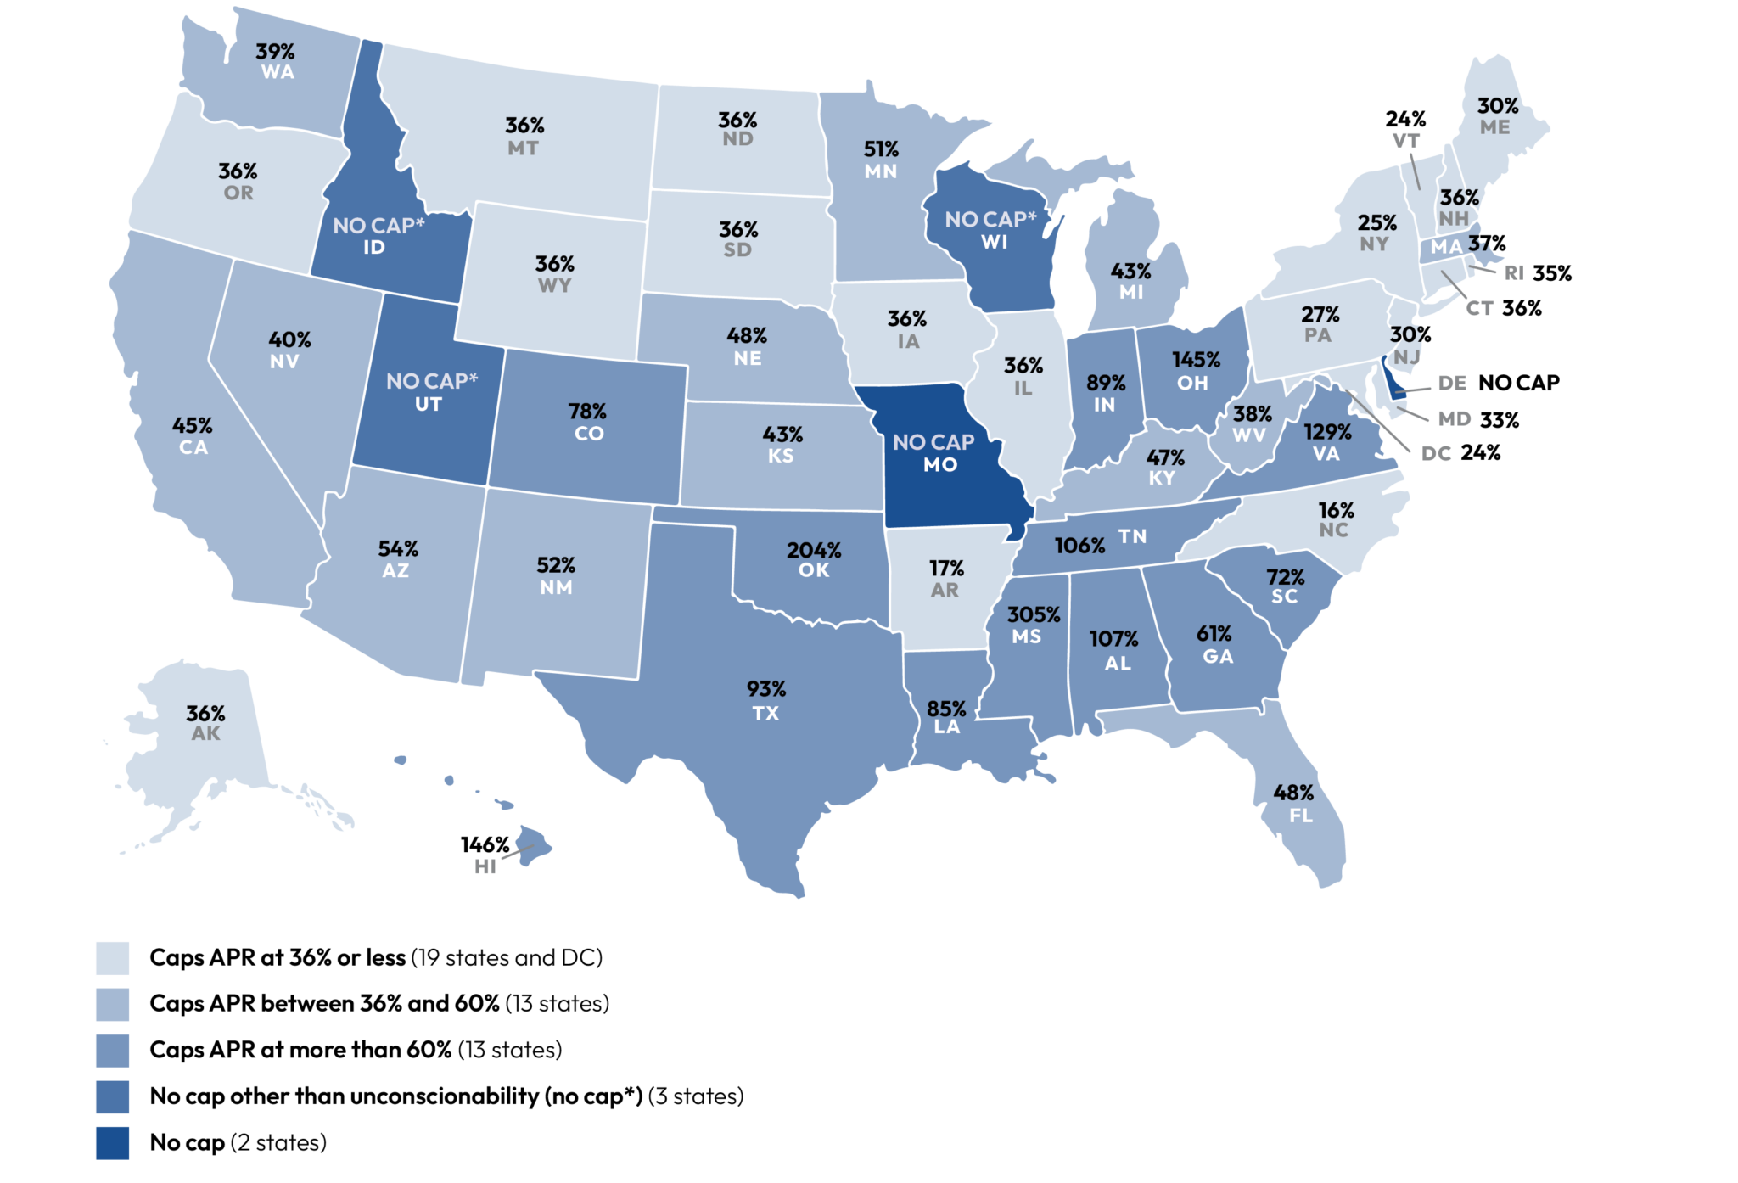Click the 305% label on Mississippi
(1033, 614)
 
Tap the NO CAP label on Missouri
(933, 442)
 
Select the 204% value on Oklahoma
(813, 551)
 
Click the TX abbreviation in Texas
(765, 714)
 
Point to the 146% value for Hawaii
(485, 845)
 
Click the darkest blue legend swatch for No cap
(112, 1142)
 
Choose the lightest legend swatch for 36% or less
(112, 958)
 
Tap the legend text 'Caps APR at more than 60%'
(300, 1050)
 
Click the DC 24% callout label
(1460, 453)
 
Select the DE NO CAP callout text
(1499, 383)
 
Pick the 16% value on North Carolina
(1336, 510)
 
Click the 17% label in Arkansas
(946, 568)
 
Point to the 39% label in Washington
(275, 52)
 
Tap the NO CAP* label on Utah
(432, 381)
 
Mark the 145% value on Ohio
(1196, 360)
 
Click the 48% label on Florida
(1293, 793)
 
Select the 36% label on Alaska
(205, 713)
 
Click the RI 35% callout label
(1538, 273)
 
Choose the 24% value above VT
(1405, 119)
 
